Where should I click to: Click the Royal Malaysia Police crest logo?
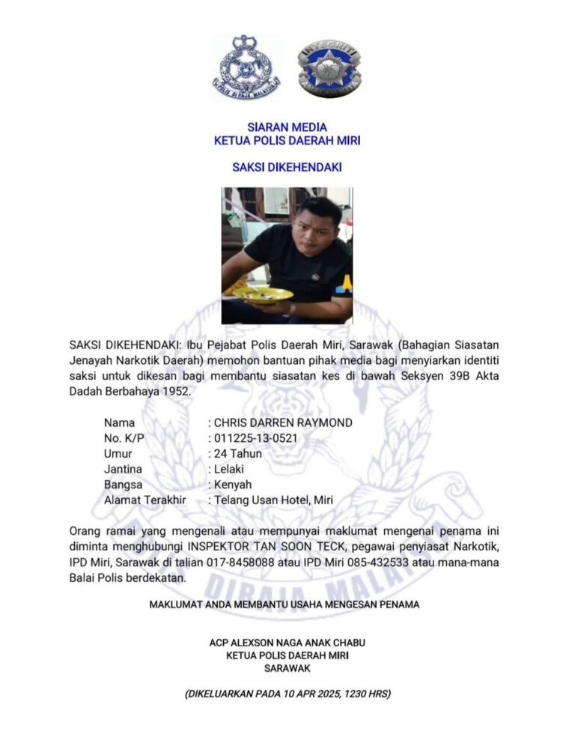[x=244, y=67]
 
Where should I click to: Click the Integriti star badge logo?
[x=329, y=67]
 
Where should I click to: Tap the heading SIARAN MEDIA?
[x=287, y=127]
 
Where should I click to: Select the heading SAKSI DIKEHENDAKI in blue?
[x=287, y=167]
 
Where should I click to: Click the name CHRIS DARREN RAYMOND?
[x=283, y=422]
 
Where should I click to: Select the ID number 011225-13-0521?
[x=257, y=438]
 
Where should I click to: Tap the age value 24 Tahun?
[x=238, y=454]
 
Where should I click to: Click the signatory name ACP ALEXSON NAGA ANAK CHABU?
[x=287, y=643]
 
